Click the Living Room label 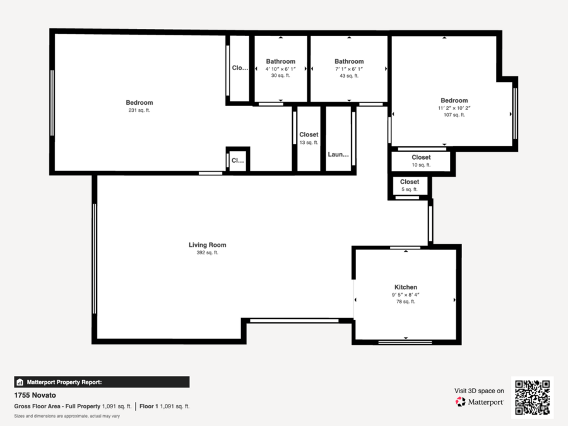click(x=207, y=245)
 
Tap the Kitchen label click(x=406, y=287)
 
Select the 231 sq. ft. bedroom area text click(x=139, y=110)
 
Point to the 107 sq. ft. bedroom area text click(x=454, y=115)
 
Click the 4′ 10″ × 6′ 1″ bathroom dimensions click(x=281, y=69)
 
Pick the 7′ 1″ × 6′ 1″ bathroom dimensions click(x=349, y=69)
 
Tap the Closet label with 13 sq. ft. click(x=309, y=134)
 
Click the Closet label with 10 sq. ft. click(x=421, y=157)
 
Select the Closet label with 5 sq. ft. click(x=410, y=182)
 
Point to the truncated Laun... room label click(x=338, y=155)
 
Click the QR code click(x=532, y=398)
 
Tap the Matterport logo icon click(x=461, y=402)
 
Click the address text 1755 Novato click(x=35, y=395)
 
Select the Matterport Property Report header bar click(x=102, y=382)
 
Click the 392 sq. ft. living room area click(x=207, y=252)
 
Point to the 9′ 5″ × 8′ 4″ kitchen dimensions click(x=406, y=295)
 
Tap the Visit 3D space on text click(x=479, y=391)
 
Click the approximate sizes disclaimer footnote click(x=67, y=416)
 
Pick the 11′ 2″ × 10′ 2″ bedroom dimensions click(x=454, y=108)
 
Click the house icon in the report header click(x=20, y=382)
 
